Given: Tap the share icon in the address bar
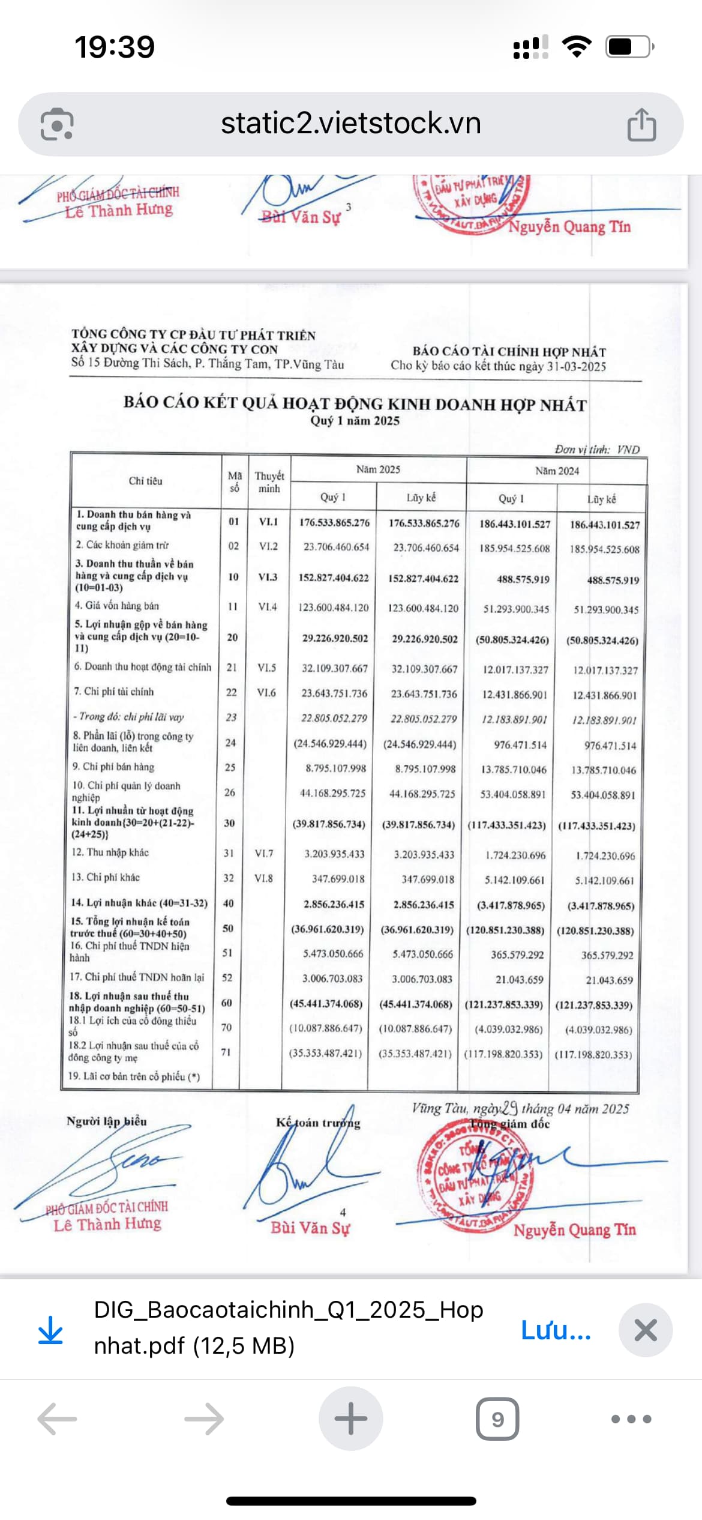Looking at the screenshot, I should (x=641, y=124).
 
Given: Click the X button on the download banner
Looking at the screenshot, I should (x=646, y=1330).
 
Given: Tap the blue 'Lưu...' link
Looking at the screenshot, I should (x=556, y=1330).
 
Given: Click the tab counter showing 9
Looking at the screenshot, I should (x=497, y=1419).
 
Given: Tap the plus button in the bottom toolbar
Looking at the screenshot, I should (x=351, y=1419).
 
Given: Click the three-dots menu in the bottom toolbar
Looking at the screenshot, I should (x=631, y=1419).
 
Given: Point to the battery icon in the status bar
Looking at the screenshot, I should (x=629, y=47).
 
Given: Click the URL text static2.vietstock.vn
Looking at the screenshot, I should (x=351, y=124).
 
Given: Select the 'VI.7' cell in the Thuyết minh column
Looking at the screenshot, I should (x=264, y=853).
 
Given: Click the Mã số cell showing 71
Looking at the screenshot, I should (x=226, y=1052).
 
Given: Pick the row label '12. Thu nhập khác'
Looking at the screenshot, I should (x=110, y=852).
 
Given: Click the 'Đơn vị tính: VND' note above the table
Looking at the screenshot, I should (x=597, y=450).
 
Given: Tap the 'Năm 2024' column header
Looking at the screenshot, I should (x=557, y=471).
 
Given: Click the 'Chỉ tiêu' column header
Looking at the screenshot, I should (x=145, y=481).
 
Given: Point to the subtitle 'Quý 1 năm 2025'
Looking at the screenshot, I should (x=355, y=421).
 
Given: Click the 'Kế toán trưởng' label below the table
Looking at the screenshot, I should (x=318, y=1123).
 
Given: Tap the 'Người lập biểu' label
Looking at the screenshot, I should (x=107, y=1121).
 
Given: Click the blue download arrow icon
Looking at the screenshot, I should (x=50, y=1330).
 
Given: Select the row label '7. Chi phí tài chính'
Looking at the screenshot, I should (x=114, y=692).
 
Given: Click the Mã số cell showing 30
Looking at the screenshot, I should (x=229, y=823).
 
